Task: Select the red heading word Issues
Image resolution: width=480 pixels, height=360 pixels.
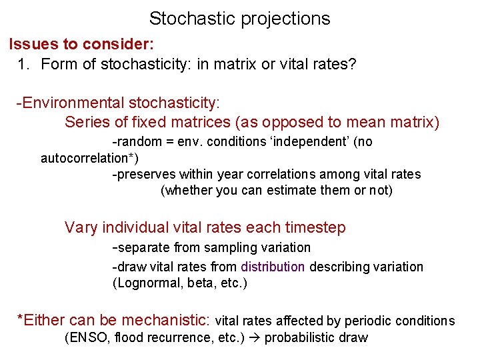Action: (x=32, y=45)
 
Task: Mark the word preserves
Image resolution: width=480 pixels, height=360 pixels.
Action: (x=143, y=175)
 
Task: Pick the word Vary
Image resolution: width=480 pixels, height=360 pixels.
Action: (x=81, y=227)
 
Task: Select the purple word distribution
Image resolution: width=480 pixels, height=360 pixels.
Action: (x=273, y=267)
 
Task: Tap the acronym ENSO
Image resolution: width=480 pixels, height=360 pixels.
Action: (x=89, y=337)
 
